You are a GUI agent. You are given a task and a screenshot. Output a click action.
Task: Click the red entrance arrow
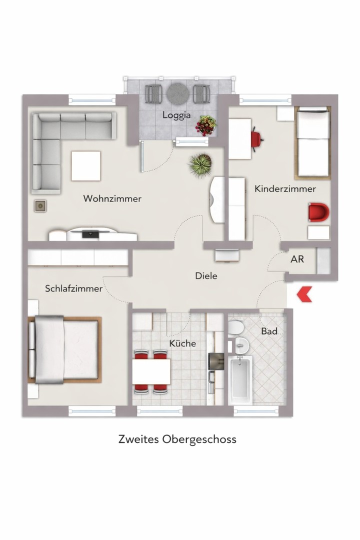(304, 294)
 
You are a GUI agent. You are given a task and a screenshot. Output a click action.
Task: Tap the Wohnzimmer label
(112, 198)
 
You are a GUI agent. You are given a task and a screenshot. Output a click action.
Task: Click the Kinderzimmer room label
(285, 189)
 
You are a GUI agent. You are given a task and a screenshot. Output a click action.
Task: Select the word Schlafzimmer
(73, 288)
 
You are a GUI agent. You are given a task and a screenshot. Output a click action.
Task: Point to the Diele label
(206, 275)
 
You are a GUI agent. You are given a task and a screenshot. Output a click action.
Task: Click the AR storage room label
(297, 259)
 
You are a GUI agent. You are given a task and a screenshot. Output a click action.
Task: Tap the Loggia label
(176, 115)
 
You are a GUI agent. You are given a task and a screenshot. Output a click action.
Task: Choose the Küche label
(182, 343)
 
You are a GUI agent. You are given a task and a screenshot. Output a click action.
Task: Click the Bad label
(269, 331)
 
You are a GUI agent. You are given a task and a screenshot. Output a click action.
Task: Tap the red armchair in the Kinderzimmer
(318, 213)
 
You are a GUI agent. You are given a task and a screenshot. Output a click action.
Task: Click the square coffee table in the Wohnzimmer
(85, 165)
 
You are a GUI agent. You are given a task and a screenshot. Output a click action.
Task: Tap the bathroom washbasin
(241, 344)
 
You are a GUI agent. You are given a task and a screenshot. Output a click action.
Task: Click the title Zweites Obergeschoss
(177, 439)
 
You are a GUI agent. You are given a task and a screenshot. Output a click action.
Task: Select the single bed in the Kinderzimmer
(313, 142)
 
